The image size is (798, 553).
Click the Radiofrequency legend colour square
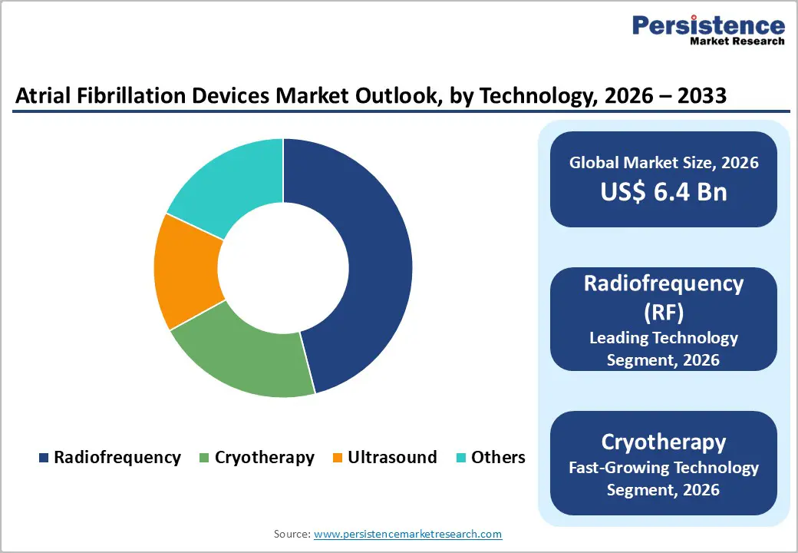point(44,458)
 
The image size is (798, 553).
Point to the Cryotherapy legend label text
point(264,458)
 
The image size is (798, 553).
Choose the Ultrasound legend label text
point(392,458)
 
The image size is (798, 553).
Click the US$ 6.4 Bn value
point(664,191)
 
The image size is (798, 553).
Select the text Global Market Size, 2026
point(664,162)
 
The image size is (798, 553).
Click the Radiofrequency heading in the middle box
point(664,283)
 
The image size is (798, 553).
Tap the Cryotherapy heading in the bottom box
point(664,442)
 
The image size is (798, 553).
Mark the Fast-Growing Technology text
point(664,467)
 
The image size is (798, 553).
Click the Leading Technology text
point(664,338)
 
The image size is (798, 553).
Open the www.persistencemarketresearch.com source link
point(408,534)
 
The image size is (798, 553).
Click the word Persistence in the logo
point(708,25)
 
